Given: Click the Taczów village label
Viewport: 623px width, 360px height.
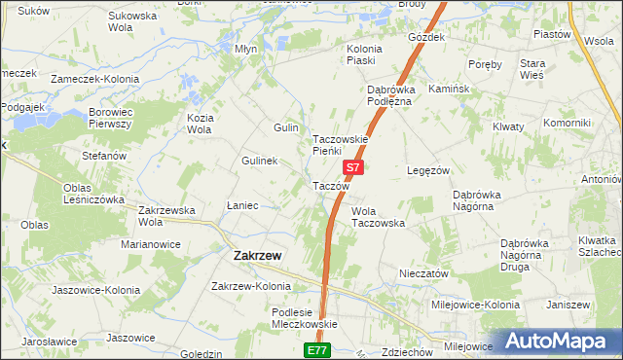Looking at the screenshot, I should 330,186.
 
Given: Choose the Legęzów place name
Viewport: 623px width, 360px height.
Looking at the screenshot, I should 427,169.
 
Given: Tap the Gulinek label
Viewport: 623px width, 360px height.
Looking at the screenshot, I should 260,161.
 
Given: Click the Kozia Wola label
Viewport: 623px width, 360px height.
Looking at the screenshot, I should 200,124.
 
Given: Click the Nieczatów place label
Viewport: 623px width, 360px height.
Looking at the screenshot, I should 423,274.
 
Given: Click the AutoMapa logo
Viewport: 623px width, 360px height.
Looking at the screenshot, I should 559,341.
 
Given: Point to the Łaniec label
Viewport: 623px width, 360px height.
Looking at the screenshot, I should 241,205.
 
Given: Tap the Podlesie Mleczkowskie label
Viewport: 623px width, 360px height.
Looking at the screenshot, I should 304,318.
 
